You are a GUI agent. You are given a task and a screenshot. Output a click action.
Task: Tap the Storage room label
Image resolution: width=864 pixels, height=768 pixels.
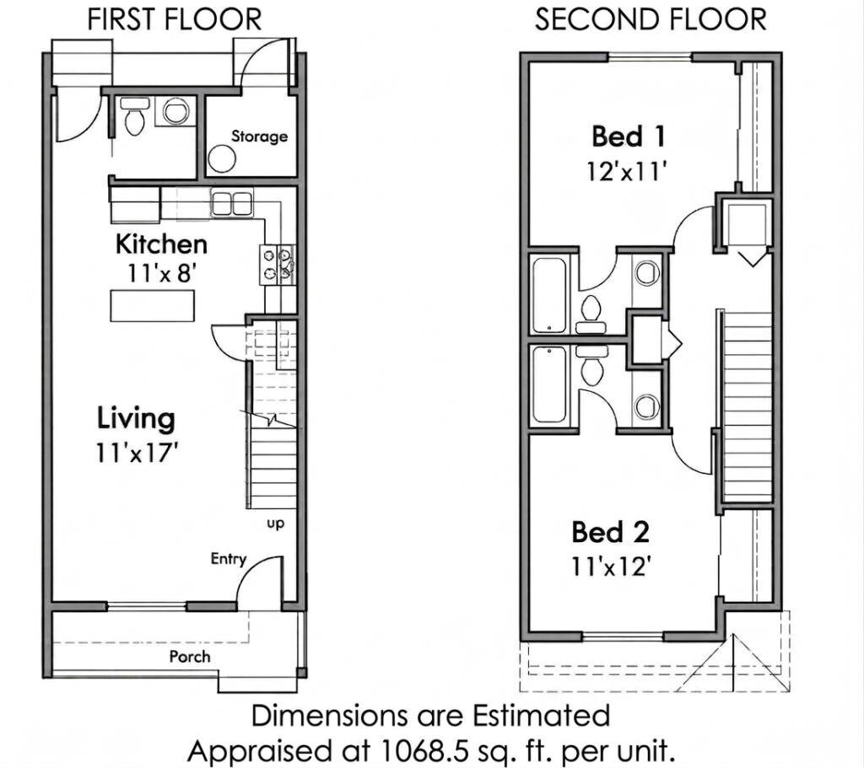(259, 136)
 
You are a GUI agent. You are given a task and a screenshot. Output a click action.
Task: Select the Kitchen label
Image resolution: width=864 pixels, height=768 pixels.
(161, 244)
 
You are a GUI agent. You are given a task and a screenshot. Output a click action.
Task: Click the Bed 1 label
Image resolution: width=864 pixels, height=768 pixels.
(628, 136)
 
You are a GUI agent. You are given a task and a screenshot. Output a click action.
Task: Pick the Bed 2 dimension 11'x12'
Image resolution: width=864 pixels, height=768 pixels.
(608, 566)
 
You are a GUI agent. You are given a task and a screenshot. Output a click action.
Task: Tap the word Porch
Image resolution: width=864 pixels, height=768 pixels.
(190, 656)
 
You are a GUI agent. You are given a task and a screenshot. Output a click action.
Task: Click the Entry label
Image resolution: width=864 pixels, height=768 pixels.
(228, 559)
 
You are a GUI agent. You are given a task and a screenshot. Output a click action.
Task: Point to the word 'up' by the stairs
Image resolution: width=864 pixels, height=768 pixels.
(276, 524)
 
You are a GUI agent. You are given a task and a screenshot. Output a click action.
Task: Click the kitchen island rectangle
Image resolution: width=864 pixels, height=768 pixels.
(153, 305)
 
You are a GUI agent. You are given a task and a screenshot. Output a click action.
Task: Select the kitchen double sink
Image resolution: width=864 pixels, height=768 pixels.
(232, 204)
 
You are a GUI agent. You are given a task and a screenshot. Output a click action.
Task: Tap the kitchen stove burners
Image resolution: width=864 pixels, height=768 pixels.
(277, 265)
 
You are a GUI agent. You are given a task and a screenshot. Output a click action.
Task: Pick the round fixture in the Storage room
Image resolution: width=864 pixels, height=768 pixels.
(222, 158)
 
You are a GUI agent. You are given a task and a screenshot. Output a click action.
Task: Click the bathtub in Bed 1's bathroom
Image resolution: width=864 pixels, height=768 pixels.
(548, 296)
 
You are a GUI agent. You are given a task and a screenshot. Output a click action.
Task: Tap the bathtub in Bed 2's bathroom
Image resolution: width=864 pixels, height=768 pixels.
(548, 384)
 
